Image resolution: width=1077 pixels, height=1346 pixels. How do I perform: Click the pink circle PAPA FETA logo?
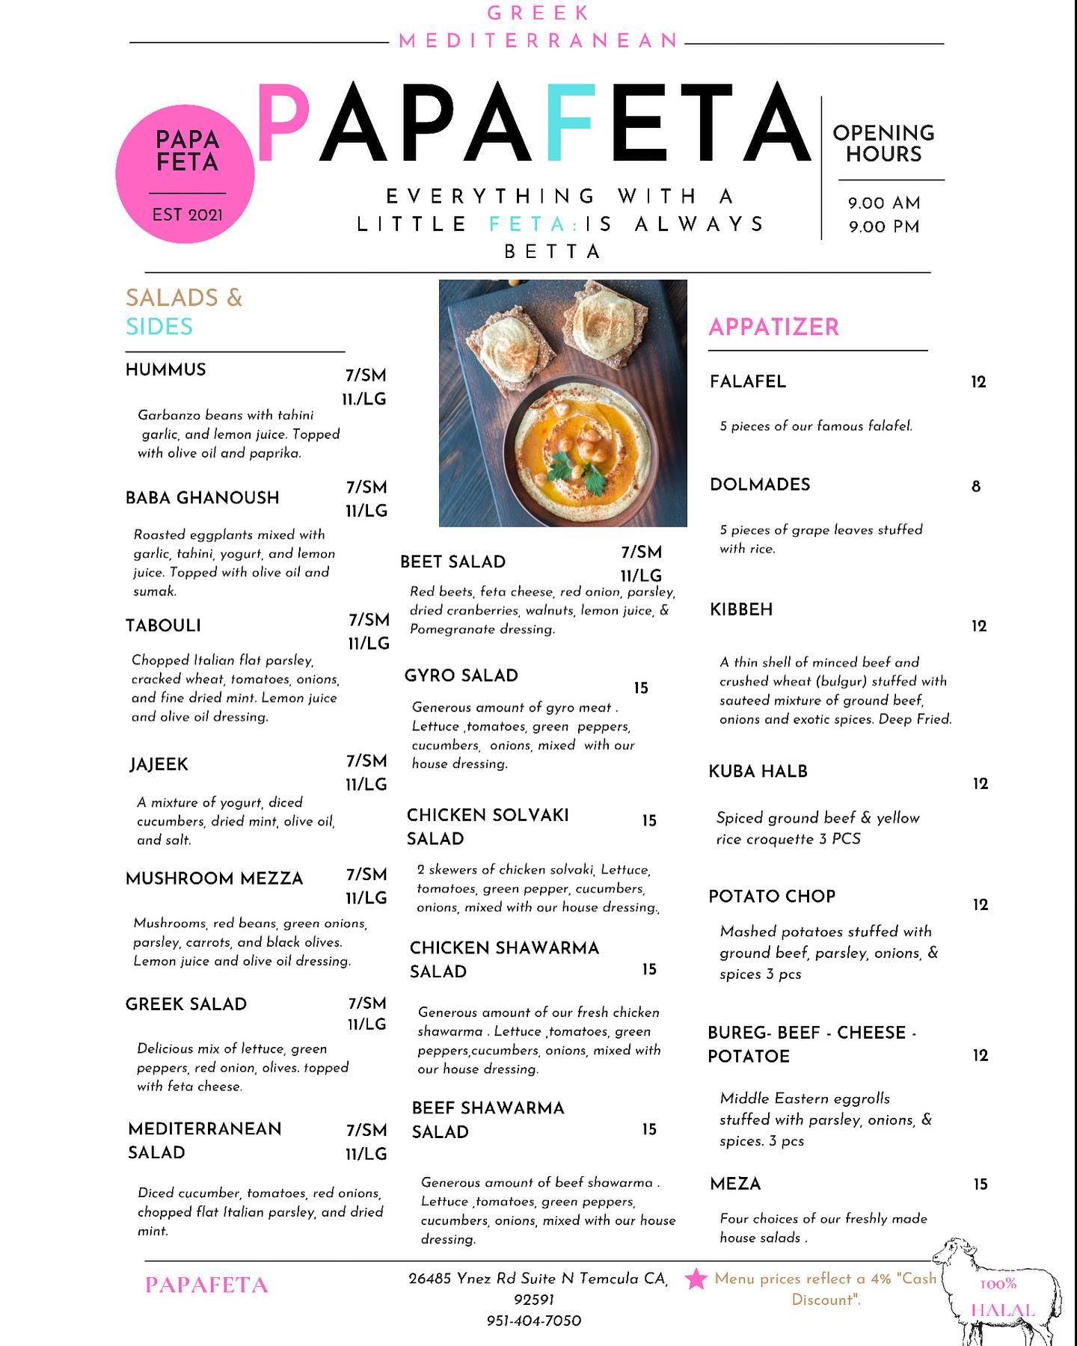tap(185, 173)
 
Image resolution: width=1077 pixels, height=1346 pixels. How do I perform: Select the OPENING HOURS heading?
tap(883, 144)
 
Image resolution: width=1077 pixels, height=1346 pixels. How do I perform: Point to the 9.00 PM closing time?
tap(883, 227)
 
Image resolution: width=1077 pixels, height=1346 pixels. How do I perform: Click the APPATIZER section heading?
tap(773, 327)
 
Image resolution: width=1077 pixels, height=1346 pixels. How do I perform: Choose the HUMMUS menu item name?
tap(165, 369)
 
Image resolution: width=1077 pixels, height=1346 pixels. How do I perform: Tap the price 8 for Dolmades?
tap(975, 487)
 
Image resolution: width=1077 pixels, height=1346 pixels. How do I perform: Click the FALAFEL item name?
tap(748, 381)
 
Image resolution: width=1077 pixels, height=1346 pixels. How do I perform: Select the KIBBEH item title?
tap(741, 609)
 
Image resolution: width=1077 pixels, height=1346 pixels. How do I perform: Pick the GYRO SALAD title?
tap(461, 676)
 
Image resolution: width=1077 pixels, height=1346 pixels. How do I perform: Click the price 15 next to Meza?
tap(980, 1184)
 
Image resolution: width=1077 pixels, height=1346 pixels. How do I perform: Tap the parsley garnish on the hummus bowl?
tap(562, 473)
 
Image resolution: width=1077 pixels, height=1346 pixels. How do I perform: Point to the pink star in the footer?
tap(696, 1279)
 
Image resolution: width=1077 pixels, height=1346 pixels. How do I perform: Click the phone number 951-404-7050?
tap(533, 1321)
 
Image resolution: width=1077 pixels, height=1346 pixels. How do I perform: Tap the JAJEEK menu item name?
tap(159, 764)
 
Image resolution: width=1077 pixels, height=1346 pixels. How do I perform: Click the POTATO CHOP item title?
tap(772, 896)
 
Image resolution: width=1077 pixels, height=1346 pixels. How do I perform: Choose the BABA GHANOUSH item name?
tap(202, 498)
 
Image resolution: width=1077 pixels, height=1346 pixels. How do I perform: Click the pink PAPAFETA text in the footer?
tap(206, 1285)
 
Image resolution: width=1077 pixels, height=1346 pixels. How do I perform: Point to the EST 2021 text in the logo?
tap(187, 215)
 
